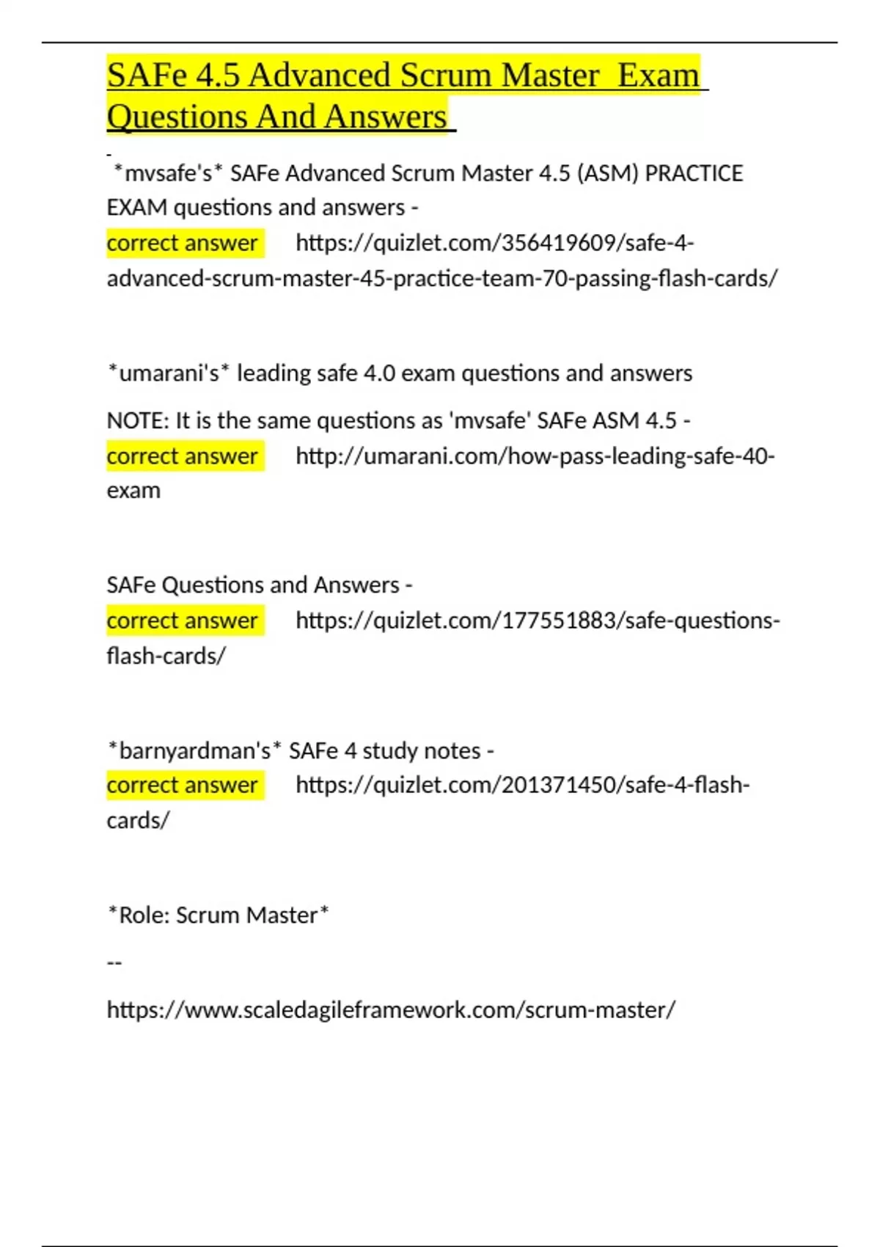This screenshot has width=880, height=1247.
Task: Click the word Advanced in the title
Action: (x=319, y=76)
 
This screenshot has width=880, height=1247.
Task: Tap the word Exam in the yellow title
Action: (x=658, y=76)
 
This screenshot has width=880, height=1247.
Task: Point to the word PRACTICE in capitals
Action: (x=694, y=173)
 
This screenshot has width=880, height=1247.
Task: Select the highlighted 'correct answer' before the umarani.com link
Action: (x=183, y=456)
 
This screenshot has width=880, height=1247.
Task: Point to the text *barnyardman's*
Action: (x=194, y=751)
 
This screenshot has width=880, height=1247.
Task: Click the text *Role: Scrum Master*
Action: (x=218, y=915)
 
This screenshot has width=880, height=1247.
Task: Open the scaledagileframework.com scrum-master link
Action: (x=391, y=1010)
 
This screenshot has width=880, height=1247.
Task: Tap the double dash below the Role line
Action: (x=114, y=962)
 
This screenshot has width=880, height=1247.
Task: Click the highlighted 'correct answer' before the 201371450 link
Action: (x=183, y=785)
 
